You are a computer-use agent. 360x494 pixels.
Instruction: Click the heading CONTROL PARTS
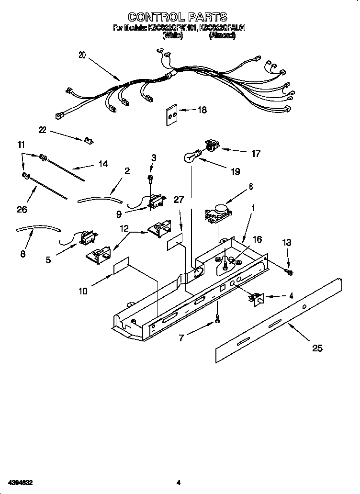pyautogui.click(x=180, y=17)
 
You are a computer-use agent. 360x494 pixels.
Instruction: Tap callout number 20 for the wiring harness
pyautogui.click(x=82, y=55)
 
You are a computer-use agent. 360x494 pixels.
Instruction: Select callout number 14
pyautogui.click(x=103, y=164)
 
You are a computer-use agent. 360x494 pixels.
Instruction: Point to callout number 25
pyautogui.click(x=317, y=348)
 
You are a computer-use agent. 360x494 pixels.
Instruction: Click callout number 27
pyautogui.click(x=178, y=200)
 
